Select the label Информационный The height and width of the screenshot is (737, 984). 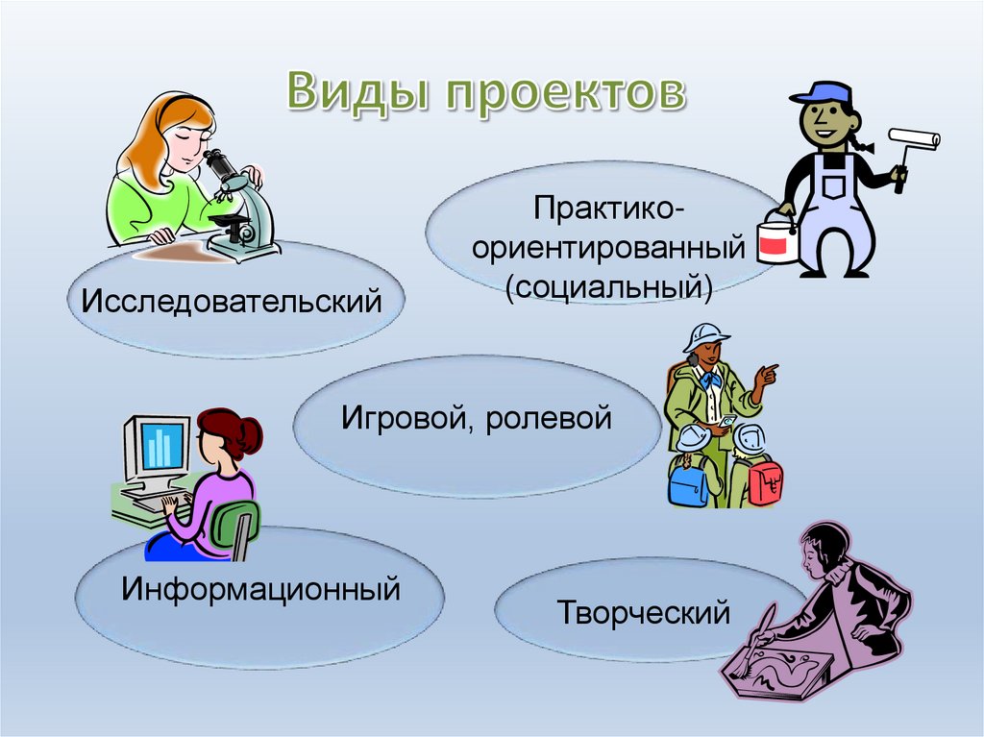(x=259, y=586)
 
